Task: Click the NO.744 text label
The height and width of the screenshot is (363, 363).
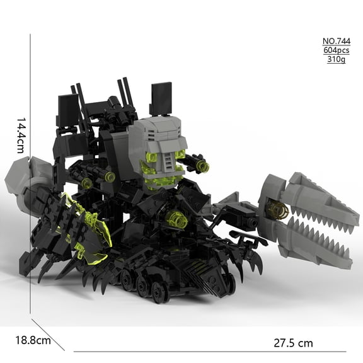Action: pyautogui.click(x=337, y=41)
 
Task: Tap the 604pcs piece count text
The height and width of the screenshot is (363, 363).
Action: pyautogui.click(x=337, y=50)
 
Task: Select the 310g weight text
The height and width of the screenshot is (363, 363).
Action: pyautogui.click(x=337, y=59)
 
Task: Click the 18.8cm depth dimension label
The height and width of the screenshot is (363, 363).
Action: pyautogui.click(x=33, y=340)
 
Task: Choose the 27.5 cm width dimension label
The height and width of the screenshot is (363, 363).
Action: pyautogui.click(x=293, y=343)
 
